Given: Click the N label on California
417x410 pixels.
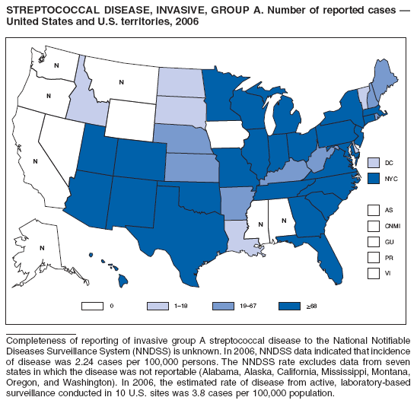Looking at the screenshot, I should point(36,161).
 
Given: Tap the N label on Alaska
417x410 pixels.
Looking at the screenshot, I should point(42,248).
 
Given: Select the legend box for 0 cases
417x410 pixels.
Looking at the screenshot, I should point(91,305).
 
